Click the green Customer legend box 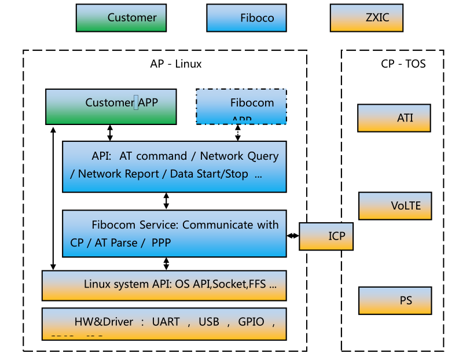tap(120, 18)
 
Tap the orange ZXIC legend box tap(366, 18)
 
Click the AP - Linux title tap(176, 64)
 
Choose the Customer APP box tap(111, 106)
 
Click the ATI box tap(394, 119)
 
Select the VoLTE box tap(395, 206)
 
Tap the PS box tap(395, 301)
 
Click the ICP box tap(326, 236)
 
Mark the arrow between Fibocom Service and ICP tap(293, 236)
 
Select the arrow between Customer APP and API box tap(110, 133)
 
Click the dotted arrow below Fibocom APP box tap(237, 133)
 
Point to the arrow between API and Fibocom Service tap(167, 201)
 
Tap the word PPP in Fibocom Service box tap(161, 243)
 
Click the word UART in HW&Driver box tap(166, 322)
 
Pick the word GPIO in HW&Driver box tap(251, 322)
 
